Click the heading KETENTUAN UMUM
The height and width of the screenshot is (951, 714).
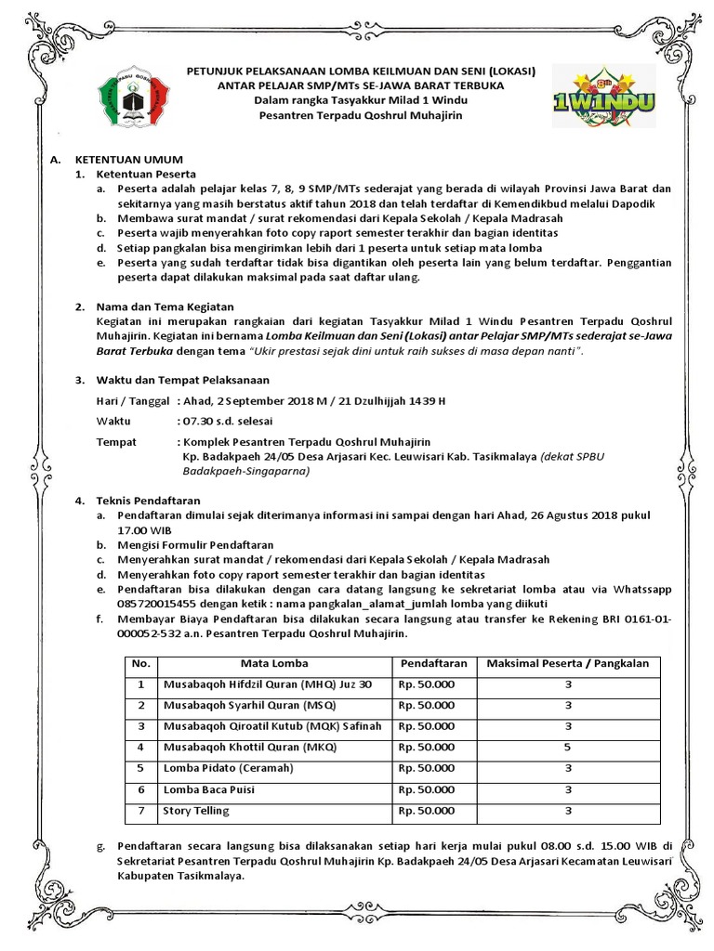129,160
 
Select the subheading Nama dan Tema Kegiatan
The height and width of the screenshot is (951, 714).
165,306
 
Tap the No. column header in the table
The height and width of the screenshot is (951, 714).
141,664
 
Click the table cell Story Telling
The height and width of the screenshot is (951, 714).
191,811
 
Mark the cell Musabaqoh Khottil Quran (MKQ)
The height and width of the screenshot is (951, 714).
249,747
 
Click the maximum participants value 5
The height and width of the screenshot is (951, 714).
567,747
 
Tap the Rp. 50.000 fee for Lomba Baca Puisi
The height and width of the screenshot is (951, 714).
427,789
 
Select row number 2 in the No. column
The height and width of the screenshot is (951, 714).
141,705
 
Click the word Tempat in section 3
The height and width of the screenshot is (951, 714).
116,442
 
